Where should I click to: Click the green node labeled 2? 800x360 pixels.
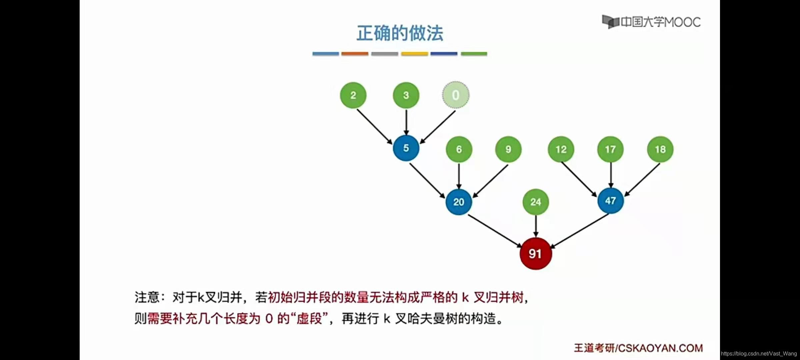(x=353, y=95)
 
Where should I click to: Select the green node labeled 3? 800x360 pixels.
(x=406, y=95)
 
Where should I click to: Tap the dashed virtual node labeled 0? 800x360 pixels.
(x=456, y=95)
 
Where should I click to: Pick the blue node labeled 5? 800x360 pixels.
(x=406, y=148)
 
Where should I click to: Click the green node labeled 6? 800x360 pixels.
(x=459, y=149)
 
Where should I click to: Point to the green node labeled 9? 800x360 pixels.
(x=508, y=149)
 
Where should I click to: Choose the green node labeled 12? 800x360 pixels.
(x=561, y=149)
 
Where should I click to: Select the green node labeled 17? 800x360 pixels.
(x=610, y=149)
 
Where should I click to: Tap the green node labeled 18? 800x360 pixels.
(x=660, y=149)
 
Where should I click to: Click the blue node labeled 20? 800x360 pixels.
(x=459, y=202)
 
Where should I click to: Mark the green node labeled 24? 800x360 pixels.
(x=536, y=202)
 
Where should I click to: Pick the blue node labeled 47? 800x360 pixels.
(x=610, y=201)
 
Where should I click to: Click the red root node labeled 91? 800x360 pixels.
(x=535, y=254)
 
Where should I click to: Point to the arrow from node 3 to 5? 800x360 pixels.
(x=406, y=122)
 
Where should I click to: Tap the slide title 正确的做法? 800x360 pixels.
(x=400, y=33)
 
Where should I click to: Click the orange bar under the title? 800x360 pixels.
(x=355, y=54)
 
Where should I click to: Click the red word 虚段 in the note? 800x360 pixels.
(x=309, y=319)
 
